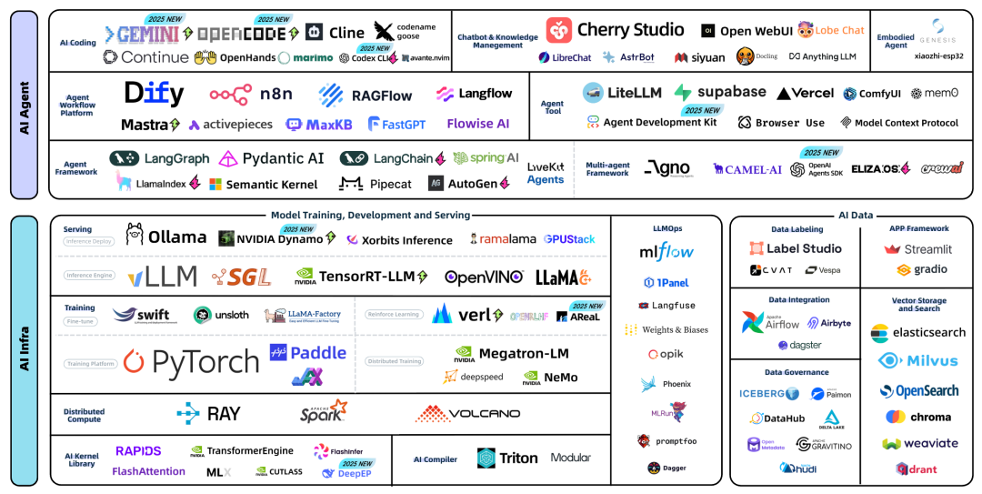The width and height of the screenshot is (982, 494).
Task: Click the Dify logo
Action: point(154,93)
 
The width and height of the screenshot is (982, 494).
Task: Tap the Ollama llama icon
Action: point(135,236)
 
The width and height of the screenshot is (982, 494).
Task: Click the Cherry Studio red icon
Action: point(559,31)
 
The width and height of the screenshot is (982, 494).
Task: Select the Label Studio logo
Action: point(796,248)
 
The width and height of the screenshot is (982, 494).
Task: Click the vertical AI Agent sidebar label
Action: point(25,105)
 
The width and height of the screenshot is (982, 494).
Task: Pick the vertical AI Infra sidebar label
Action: point(25,350)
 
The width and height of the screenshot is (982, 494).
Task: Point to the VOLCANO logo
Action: point(467,414)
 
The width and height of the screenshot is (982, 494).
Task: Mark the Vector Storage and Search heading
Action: point(918,304)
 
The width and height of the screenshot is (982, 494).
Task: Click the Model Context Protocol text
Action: point(906,123)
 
